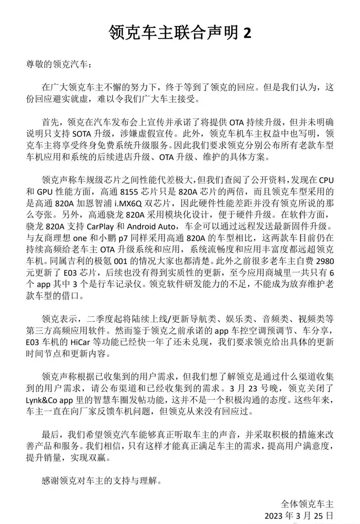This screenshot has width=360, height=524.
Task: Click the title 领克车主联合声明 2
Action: (180, 32)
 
